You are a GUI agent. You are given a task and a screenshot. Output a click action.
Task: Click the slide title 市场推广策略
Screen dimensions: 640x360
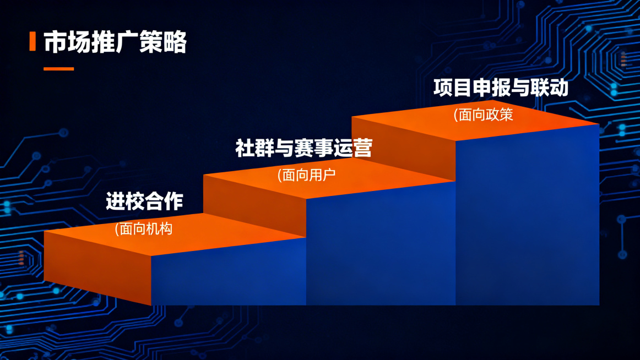[115, 42]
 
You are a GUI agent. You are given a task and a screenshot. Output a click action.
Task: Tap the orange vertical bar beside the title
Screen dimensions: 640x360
[32, 42]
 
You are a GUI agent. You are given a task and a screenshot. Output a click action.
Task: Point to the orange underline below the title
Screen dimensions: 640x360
[59, 69]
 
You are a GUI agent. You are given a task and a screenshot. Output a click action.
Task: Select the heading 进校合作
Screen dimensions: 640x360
[144, 201]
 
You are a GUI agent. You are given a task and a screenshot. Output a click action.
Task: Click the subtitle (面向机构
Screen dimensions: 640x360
[143, 229]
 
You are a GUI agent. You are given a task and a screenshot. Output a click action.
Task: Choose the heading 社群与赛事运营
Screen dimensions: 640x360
[303, 148]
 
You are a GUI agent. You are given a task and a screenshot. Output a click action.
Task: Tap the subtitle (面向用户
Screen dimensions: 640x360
[306, 175]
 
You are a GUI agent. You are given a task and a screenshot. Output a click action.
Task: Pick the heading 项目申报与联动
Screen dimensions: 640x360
[501, 88]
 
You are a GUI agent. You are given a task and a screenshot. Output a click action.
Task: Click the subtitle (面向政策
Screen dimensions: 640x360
[483, 114]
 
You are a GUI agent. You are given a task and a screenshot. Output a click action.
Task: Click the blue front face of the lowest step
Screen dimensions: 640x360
[229, 272]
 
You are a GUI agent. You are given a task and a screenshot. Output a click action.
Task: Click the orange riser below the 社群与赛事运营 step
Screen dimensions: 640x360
[254, 205]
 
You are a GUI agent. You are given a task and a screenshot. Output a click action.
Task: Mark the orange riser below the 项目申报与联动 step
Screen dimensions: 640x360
[403, 149]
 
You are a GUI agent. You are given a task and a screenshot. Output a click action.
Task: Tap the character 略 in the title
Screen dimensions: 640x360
[175, 42]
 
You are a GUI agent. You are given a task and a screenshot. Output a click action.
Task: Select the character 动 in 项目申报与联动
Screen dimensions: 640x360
[559, 88]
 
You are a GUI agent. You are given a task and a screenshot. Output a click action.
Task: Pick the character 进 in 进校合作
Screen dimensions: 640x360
[116, 201]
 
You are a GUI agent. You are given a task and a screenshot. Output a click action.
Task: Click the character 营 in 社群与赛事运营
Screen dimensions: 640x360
[363, 148]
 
